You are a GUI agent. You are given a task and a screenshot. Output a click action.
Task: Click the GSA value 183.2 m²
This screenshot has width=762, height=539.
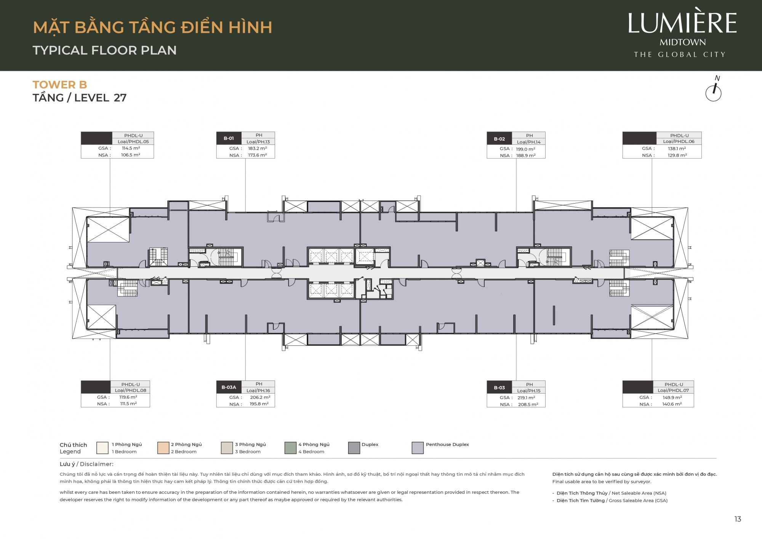coord(258,148)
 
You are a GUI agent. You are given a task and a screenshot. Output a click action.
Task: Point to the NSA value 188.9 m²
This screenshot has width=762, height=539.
coord(526,156)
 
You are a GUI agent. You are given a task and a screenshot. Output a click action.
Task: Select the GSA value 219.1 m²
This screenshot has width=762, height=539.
coord(527,398)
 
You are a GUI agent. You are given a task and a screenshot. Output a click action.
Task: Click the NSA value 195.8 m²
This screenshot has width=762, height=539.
coord(259,404)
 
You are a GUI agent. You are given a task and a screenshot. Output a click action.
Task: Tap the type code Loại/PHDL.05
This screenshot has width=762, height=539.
coord(133,141)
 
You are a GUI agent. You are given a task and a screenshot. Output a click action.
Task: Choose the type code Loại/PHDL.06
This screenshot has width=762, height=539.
coord(679,141)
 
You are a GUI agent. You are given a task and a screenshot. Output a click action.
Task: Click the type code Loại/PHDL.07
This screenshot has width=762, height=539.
coord(674,390)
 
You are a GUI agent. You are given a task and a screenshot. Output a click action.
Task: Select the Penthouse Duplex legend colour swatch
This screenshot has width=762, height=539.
coord(418,448)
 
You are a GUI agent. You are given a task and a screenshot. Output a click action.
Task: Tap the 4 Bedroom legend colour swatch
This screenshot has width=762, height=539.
coord(290,448)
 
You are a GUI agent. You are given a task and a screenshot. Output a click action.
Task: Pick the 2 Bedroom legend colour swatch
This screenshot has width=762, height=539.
coord(163,448)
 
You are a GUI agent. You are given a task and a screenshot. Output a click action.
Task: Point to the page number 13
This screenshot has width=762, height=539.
coord(738,519)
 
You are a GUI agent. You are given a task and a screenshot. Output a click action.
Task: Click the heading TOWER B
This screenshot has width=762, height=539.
coord(60,85)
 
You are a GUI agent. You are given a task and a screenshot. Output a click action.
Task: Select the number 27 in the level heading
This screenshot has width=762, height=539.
coord(120,98)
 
